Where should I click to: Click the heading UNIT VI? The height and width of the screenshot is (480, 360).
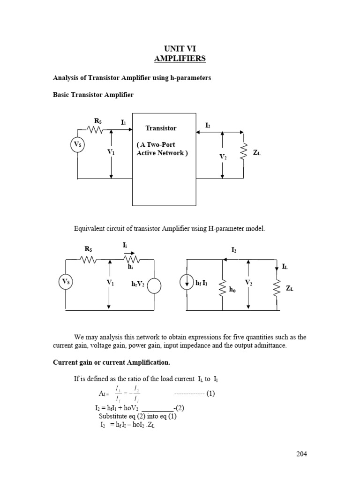[x=180, y=49]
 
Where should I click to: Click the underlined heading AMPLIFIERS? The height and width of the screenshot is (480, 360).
[x=180, y=59]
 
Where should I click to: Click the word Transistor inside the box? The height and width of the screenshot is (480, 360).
[x=161, y=128]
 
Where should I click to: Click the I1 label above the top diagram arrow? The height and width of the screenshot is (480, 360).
[x=123, y=122]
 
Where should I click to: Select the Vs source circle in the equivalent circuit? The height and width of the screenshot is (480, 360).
[x=66, y=282]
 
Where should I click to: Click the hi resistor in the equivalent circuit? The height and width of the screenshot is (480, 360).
[x=131, y=259]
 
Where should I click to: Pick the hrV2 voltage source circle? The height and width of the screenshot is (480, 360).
[x=154, y=285]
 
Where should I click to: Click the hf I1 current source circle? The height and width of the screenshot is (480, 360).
[x=187, y=284]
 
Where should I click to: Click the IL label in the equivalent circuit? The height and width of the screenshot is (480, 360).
[x=285, y=266]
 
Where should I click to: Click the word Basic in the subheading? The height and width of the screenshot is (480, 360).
[x=62, y=95]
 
